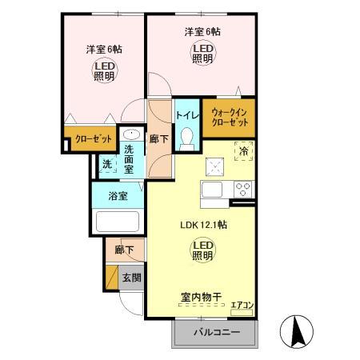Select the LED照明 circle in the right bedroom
click(202, 54)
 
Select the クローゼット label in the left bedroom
click(93, 139)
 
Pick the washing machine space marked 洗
click(106, 165)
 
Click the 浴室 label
click(118, 196)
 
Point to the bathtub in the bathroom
click(118, 222)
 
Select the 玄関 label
click(131, 278)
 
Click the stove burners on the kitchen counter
click(242, 190)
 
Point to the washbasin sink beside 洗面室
click(133, 135)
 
